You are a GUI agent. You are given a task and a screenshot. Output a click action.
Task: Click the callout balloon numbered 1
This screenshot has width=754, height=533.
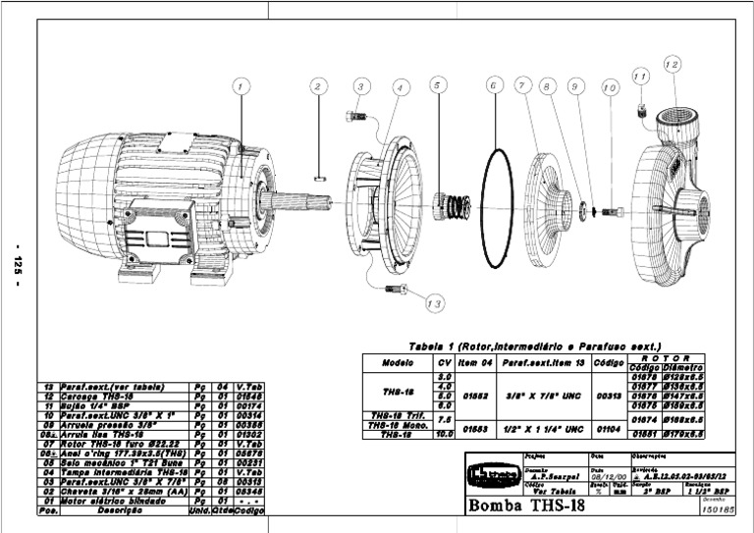(241, 86)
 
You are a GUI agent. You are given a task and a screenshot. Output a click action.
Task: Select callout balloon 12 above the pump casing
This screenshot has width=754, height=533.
(672, 65)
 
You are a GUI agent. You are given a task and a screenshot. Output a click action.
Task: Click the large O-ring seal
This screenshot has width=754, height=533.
(498, 207)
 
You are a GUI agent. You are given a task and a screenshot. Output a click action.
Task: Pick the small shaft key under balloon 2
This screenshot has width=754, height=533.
(319, 178)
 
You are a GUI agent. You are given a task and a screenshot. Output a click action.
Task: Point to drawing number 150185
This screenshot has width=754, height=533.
(719, 511)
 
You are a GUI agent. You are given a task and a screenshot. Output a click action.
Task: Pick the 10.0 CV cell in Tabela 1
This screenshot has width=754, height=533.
(444, 433)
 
